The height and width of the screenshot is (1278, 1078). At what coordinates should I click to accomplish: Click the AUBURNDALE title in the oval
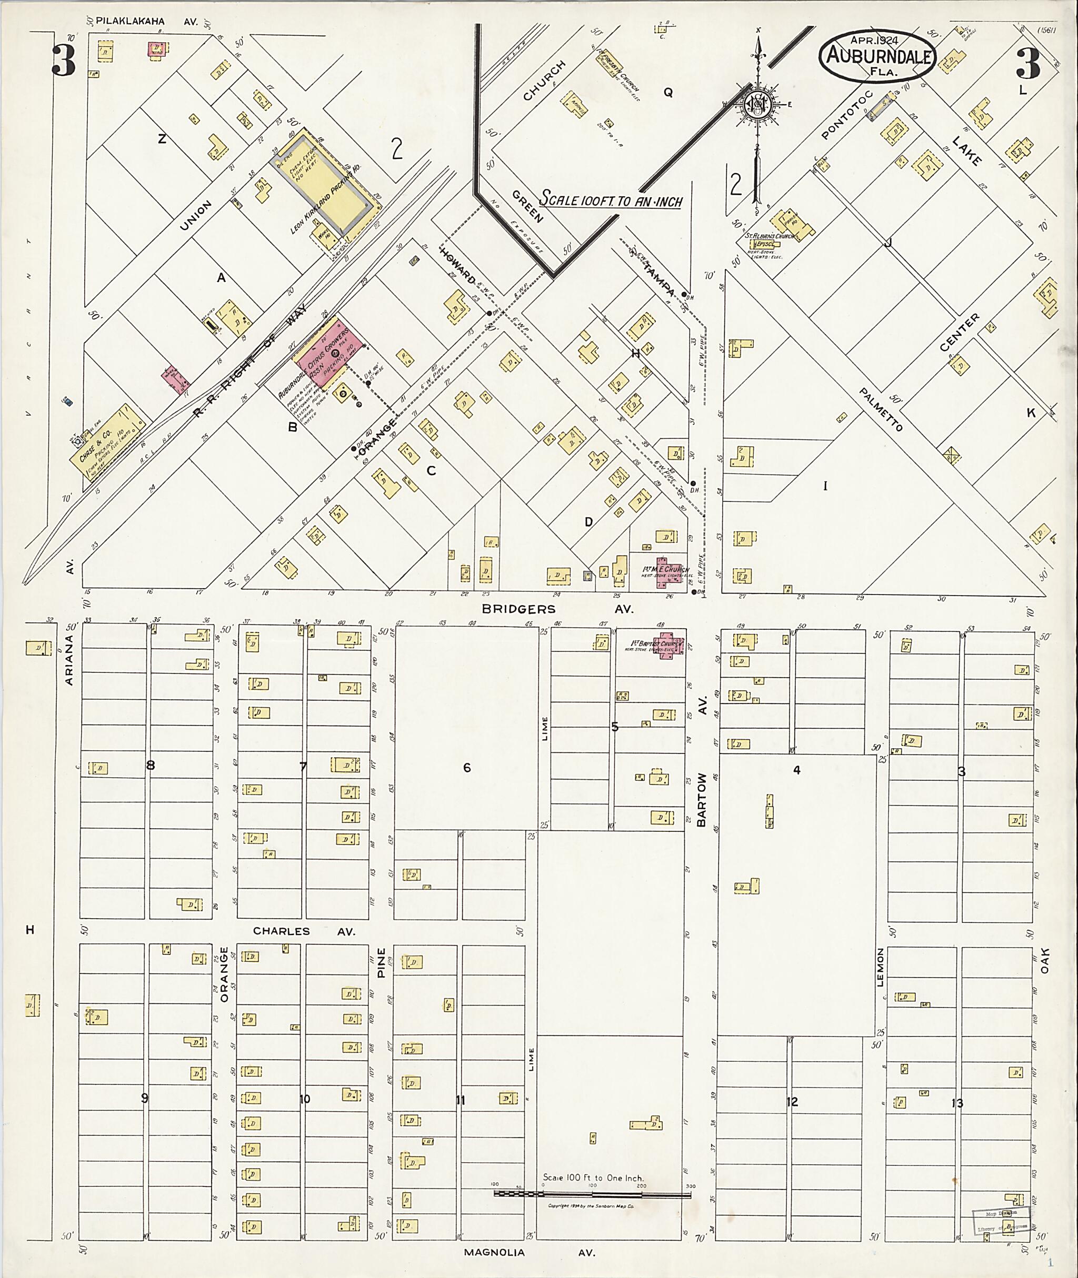(x=877, y=57)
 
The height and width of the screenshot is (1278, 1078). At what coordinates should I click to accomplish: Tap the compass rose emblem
(x=758, y=106)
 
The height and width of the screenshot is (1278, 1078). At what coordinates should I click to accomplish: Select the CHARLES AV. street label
(x=304, y=932)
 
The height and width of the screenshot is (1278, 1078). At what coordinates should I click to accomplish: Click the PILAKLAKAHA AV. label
(x=147, y=22)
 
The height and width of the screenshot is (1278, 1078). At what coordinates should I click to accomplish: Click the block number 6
(x=467, y=767)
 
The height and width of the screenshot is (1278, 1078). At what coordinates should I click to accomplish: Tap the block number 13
(x=957, y=1103)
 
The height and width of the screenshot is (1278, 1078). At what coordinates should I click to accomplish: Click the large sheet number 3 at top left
(x=64, y=61)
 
